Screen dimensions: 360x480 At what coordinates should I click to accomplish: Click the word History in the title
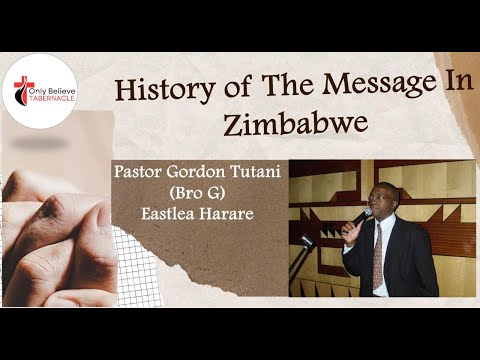click(159, 89)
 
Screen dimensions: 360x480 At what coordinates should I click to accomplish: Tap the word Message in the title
click(350, 88)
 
